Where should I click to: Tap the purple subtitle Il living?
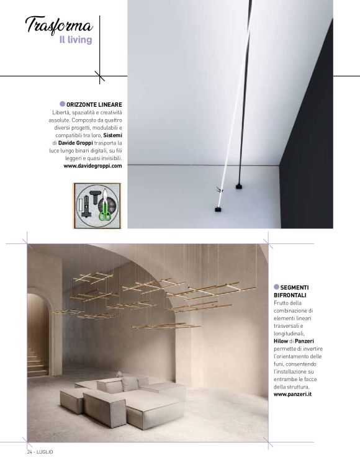coord(76,40)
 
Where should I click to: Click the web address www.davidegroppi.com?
coord(92,166)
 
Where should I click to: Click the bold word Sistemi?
coord(112,135)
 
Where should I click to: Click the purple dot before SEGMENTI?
coord(277,287)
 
